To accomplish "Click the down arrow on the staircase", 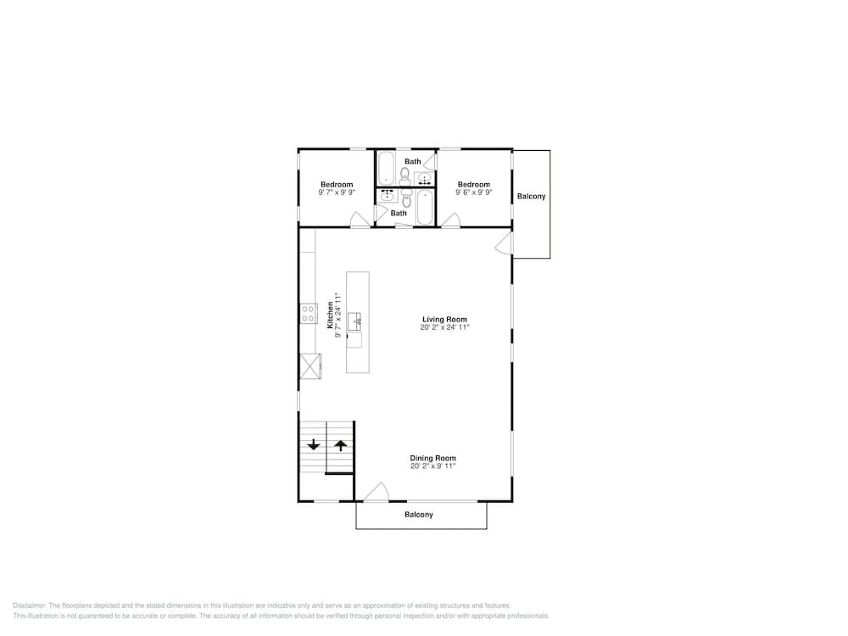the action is coord(314,445).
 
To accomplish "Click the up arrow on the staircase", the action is coord(340,445).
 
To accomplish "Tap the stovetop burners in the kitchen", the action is coord(309,314).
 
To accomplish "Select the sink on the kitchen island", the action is coord(354,321).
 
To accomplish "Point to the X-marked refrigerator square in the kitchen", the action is coord(310,366).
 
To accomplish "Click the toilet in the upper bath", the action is coord(404,176).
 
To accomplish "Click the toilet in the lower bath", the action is coord(407,198).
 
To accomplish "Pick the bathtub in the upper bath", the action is coord(386,168).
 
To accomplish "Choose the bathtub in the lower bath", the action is coord(425,208).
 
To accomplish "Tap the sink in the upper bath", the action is coord(425,178).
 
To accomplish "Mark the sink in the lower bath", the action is coord(388,197).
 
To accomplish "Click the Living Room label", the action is coord(444,320).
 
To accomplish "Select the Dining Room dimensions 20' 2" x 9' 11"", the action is coord(432,466).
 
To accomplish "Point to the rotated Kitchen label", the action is coord(330,315).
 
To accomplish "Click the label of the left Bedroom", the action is coord(337,184).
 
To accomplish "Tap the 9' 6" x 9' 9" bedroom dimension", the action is coord(474,192).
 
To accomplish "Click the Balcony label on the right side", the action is coord(531,197).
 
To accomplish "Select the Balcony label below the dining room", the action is coord(419,515).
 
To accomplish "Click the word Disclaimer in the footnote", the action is coord(30,605).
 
